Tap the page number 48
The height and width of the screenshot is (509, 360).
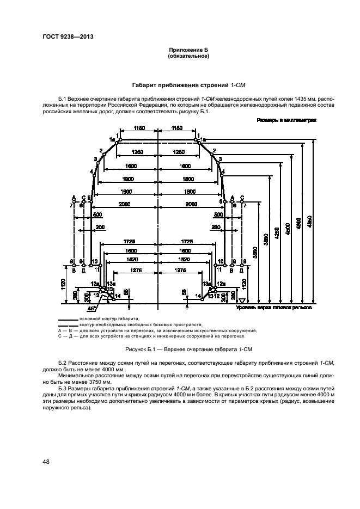click(x=46, y=462)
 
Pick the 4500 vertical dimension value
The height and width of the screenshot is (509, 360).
click(x=288, y=228)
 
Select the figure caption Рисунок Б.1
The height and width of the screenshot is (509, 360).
click(x=179, y=348)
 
